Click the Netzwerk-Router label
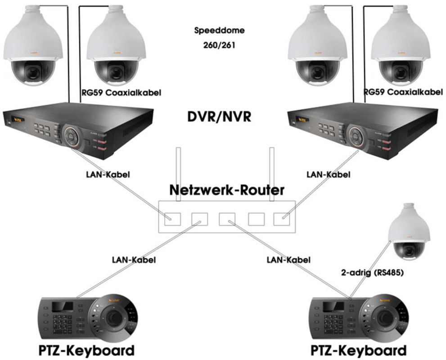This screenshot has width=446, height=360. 226,189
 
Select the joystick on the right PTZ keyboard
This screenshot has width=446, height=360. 385,318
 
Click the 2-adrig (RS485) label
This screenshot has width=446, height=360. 369,272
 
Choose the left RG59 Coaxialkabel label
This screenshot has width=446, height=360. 121,93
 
